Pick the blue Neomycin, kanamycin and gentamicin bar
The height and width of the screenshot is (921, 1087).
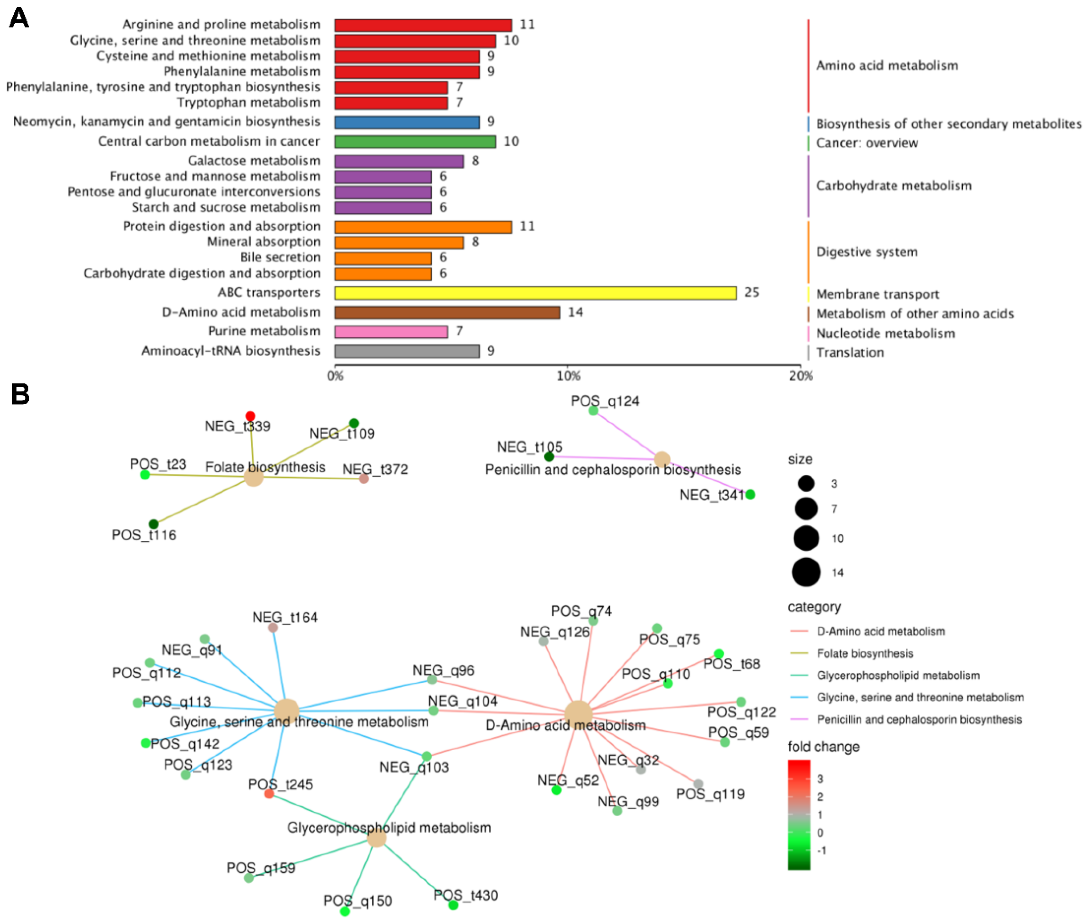pos(407,122)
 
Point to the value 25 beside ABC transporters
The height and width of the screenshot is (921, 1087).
pos(751,292)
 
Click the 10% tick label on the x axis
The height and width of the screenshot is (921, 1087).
pos(568,376)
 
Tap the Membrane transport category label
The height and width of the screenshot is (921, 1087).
pos(877,294)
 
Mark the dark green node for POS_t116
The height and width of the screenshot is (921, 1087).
pos(153,524)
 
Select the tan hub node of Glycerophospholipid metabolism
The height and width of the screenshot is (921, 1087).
pos(376,838)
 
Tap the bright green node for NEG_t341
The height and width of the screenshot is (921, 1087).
pos(750,494)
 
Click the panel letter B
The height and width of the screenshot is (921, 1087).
pos(20,394)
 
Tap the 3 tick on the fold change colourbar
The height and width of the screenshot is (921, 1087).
pos(820,779)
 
